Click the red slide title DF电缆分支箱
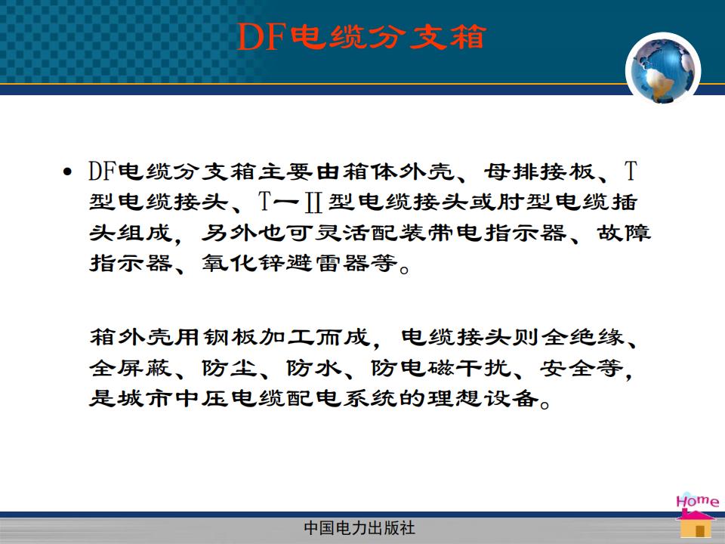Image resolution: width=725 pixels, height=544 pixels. (x=361, y=36)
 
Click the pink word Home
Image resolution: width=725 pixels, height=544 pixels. (x=698, y=501)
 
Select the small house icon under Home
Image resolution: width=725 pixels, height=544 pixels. (x=696, y=524)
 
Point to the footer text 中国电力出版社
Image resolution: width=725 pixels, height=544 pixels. (x=359, y=528)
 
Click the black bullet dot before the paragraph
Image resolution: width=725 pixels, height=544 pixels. (x=67, y=173)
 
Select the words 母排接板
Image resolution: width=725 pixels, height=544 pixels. (x=539, y=172)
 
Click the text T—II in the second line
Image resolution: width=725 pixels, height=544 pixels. (x=291, y=202)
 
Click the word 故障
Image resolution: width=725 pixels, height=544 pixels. (x=624, y=233)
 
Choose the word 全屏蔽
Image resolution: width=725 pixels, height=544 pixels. (x=131, y=368)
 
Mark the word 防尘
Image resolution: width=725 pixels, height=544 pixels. (x=230, y=368)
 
